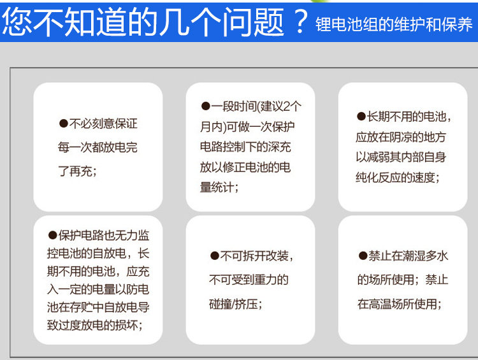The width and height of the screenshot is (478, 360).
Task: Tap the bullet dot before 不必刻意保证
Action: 63,124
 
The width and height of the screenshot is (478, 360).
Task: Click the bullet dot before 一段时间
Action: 205,106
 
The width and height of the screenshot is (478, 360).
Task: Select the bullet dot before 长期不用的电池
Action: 361,117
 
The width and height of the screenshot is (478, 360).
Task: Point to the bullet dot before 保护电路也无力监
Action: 52,235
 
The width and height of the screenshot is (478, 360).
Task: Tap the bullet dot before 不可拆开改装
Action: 215,256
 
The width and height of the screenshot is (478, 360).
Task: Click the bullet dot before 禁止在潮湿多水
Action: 363,256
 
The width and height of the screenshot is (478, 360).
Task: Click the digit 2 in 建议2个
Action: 287,106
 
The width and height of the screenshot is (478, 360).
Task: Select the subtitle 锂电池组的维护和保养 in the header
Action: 394,24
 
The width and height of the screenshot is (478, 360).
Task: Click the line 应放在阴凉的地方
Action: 401,137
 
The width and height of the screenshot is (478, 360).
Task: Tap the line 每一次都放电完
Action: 98,147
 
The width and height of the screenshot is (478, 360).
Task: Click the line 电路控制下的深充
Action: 245,147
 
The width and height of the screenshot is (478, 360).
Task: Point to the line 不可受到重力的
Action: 249,280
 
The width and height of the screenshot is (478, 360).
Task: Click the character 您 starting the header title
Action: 17,21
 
